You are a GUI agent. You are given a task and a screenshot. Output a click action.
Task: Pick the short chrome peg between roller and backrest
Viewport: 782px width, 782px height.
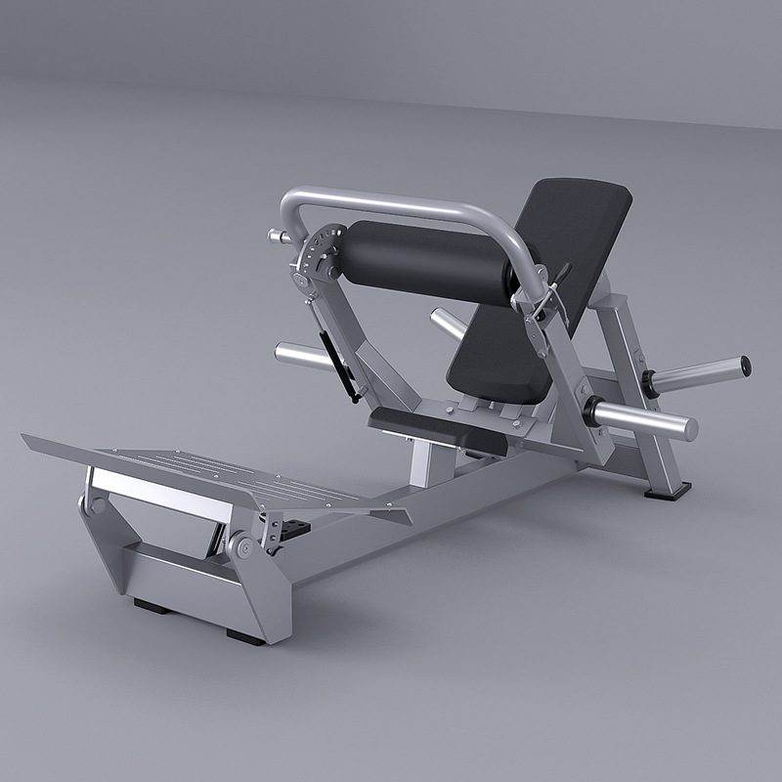(x=448, y=324)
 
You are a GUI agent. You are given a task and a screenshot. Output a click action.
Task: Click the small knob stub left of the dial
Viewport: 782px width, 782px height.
(x=277, y=236)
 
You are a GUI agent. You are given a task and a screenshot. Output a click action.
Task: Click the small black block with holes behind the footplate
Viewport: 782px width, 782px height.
(x=294, y=529)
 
